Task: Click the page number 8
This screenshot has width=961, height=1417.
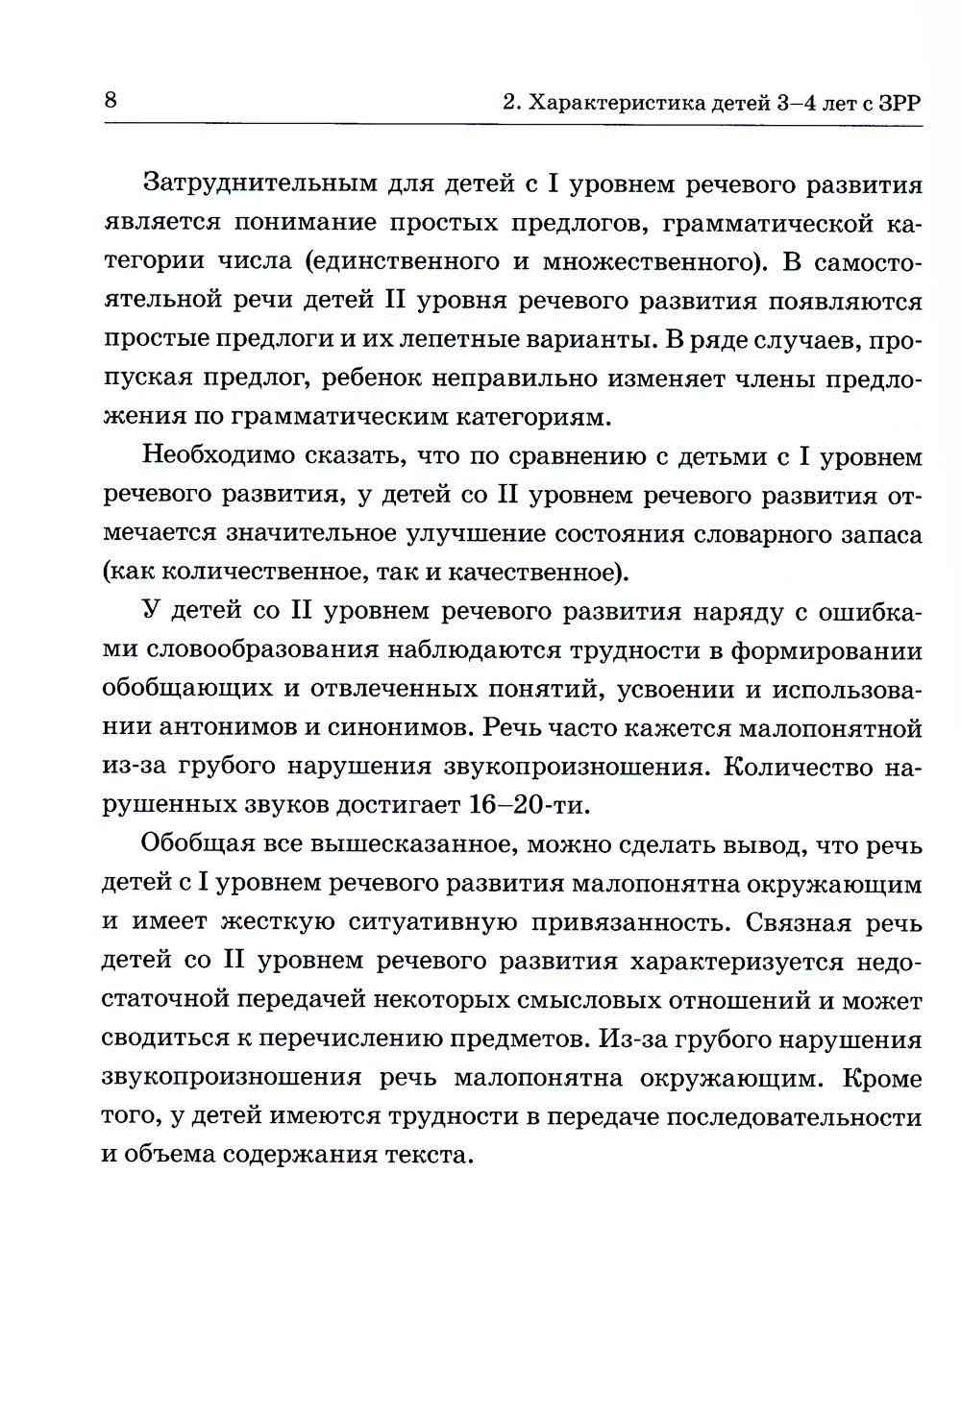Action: click(x=111, y=100)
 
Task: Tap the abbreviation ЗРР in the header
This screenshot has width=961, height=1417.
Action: click(x=899, y=103)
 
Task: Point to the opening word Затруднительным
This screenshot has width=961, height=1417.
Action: click(x=259, y=183)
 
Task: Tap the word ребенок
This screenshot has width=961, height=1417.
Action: click(x=371, y=378)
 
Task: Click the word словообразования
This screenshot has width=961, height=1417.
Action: click(x=263, y=650)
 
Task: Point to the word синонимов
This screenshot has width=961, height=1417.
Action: click(x=401, y=727)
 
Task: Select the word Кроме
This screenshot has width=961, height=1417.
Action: click(x=882, y=1078)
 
